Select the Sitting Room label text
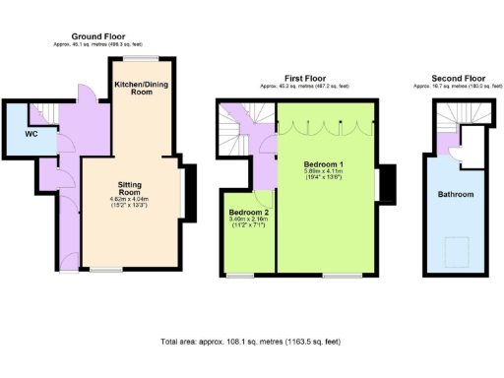pos(130,188)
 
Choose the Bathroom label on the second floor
pos(456,195)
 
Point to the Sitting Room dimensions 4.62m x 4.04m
pos(130,202)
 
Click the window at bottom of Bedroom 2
pos(239,276)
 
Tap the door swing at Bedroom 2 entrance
pos(261,180)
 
